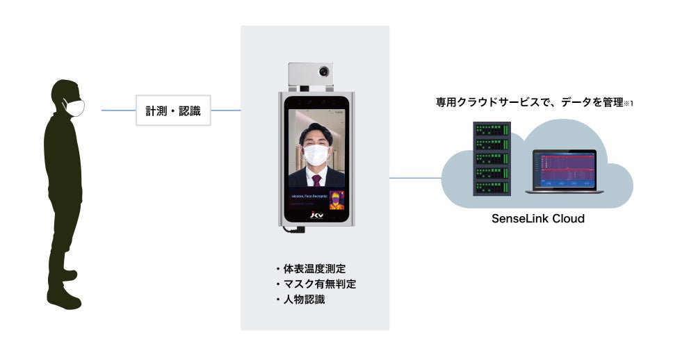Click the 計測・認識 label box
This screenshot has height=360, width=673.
(x=173, y=111)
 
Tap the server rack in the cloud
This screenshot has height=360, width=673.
(x=492, y=159)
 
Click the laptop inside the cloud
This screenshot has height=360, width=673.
(x=562, y=170)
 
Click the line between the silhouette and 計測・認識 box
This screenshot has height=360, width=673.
(x=118, y=111)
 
